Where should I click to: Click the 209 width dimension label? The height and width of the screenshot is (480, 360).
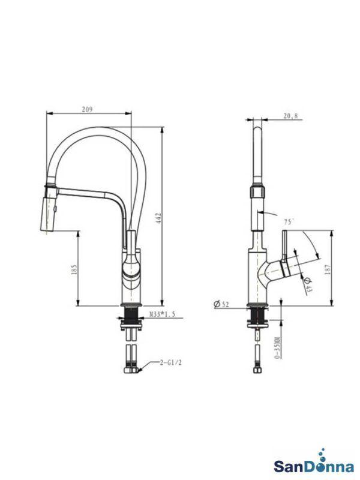tap(87, 109)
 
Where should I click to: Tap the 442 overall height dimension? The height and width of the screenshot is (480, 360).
tap(159, 217)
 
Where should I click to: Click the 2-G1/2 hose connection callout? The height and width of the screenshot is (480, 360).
tap(170, 362)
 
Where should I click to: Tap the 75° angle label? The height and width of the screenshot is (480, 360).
tap(289, 222)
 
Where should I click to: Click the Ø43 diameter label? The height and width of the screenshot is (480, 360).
tap(307, 284)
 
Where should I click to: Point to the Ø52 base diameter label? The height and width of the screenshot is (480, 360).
tap(221, 304)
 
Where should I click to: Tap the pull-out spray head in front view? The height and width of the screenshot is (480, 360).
tap(50, 209)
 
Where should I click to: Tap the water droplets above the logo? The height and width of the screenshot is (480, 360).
tap(322, 452)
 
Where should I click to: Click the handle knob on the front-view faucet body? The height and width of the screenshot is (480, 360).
tap(131, 264)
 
